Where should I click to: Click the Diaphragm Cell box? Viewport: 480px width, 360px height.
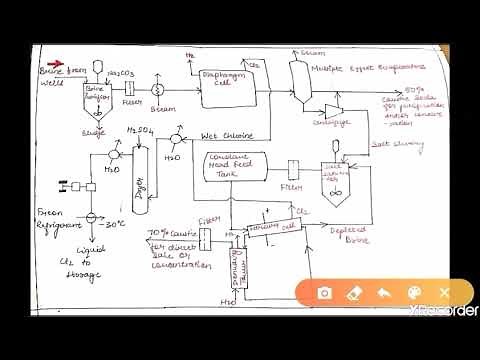pyautogui.click(x=217, y=94)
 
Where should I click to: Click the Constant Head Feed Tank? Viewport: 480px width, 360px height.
pyautogui.click(x=238, y=167)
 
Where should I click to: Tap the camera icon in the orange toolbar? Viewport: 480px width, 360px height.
pyautogui.click(x=324, y=293)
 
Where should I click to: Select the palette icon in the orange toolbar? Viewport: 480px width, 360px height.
pyautogui.click(x=414, y=293)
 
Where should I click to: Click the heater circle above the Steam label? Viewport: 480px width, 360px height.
pyautogui.click(x=157, y=87)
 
